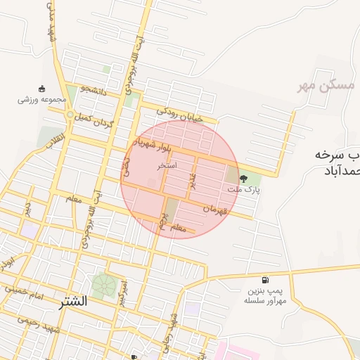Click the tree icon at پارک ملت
coord(244,179)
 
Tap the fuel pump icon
coord(264,279)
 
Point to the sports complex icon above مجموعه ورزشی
coord(41,89)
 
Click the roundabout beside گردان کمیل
coord(69,115)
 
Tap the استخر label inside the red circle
coord(167,166)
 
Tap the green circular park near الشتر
coord(104,285)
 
